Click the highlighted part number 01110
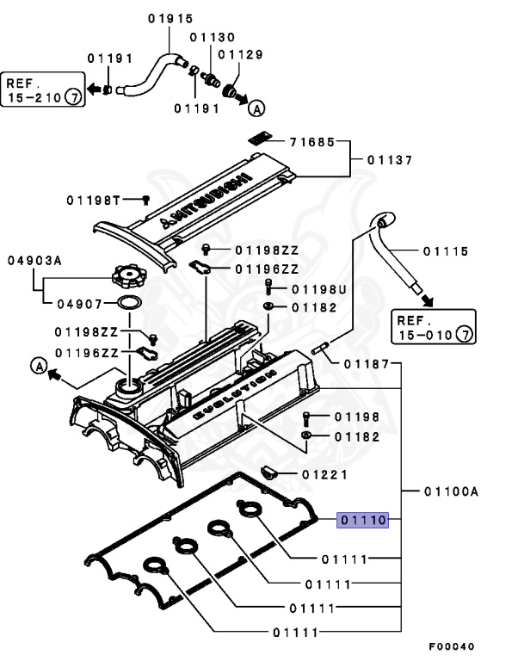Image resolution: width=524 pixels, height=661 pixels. [x=364, y=519]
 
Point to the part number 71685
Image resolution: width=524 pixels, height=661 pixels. [x=311, y=141]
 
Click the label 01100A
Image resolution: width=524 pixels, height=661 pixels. [x=450, y=491]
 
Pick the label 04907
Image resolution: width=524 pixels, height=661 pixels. [x=79, y=304]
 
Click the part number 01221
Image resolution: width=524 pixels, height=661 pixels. [x=324, y=474]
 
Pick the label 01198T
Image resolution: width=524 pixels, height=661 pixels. [x=91, y=200]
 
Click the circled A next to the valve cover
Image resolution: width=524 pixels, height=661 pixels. [x=40, y=366]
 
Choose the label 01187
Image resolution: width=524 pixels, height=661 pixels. [x=367, y=364]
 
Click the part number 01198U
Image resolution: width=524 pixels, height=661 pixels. [x=318, y=289]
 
